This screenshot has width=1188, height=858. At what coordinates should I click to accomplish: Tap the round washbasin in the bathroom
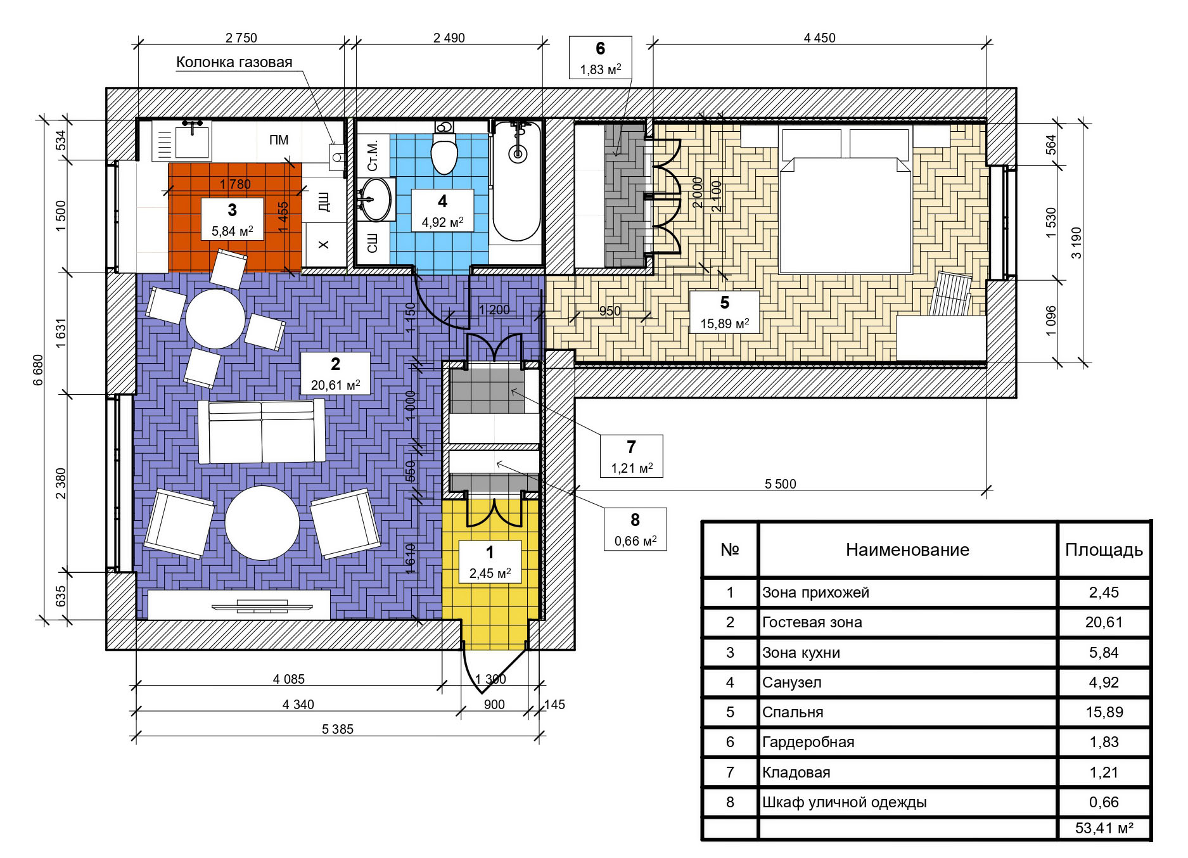tap(376, 199)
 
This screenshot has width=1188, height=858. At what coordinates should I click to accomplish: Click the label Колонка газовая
tap(234, 62)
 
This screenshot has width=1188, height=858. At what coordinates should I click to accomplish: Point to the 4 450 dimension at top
tap(819, 38)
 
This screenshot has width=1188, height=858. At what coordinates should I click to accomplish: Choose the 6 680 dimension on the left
tap(39, 370)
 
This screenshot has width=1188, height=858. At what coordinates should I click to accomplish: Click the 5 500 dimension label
tap(780, 484)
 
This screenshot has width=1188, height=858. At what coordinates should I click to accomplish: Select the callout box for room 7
tap(631, 456)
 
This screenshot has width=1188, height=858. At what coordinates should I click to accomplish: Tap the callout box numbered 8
tap(635, 529)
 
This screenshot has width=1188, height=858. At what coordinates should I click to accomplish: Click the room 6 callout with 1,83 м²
tap(600, 57)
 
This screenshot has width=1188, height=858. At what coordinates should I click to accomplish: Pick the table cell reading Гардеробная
tap(808, 742)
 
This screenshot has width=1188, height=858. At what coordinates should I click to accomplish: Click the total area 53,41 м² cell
tap(1104, 828)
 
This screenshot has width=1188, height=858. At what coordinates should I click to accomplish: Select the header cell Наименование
tap(907, 549)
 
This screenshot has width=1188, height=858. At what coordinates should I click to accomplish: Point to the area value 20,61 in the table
tap(1104, 622)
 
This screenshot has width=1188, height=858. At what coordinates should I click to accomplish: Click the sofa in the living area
tap(262, 432)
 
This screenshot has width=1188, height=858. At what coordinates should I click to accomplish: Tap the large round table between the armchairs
tap(262, 523)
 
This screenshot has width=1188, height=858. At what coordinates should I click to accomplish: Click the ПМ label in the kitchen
tap(279, 140)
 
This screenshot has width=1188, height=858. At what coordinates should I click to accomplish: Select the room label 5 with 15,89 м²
tap(724, 312)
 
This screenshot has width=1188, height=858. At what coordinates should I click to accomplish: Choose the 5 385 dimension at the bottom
tap(337, 729)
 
